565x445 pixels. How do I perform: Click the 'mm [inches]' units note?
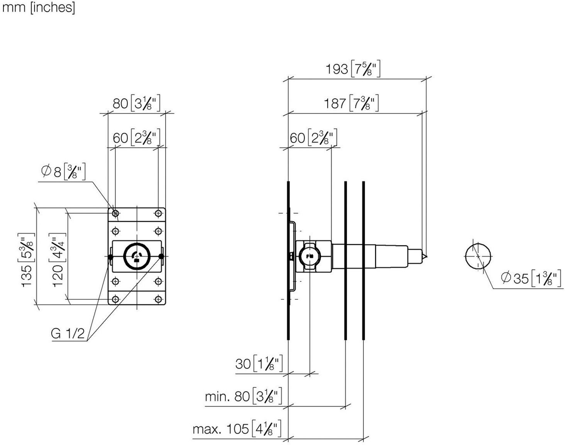click(x=39, y=8)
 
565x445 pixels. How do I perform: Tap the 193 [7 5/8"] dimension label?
click(x=353, y=69)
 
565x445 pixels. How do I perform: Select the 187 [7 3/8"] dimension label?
click(x=351, y=103)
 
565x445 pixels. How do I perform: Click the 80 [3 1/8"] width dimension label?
click(x=137, y=103)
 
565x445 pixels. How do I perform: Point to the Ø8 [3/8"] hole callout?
click(x=63, y=172)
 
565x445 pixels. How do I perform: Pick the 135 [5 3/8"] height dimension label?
click(x=27, y=260)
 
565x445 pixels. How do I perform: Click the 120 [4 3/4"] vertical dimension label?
click(x=58, y=260)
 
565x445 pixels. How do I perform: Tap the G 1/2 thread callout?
click(x=68, y=333)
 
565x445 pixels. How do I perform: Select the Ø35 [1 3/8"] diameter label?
click(x=532, y=278)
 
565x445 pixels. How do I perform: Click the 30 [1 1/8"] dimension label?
click(x=259, y=364)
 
